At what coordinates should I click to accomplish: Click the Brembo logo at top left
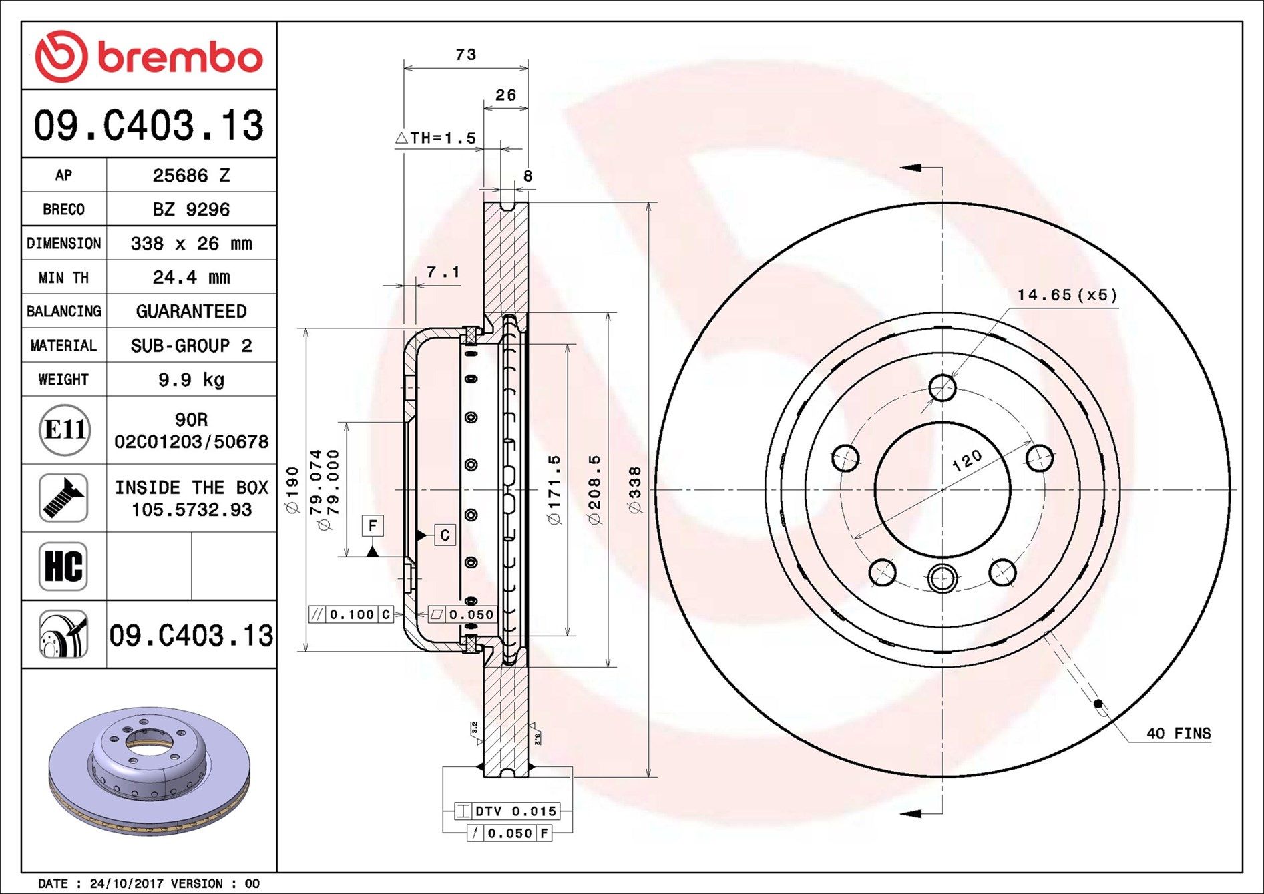[148, 57]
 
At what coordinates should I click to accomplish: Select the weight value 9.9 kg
[191, 380]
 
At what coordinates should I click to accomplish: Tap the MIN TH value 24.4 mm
[191, 277]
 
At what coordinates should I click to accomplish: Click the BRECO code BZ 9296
[191, 210]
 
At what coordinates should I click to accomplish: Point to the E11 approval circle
[64, 430]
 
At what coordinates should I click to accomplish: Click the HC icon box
[63, 566]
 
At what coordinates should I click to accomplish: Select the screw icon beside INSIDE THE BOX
[63, 498]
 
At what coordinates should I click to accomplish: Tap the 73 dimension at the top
[466, 55]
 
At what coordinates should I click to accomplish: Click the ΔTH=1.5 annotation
[435, 138]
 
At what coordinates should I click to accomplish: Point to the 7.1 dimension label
[443, 272]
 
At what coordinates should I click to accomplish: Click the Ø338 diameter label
[635, 490]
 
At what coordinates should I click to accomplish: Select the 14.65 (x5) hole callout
[1066, 295]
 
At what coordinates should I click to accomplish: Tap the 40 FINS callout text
[1178, 734]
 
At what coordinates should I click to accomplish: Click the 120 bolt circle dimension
[967, 460]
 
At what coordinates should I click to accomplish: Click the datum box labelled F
[373, 525]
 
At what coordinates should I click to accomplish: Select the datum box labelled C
[445, 535]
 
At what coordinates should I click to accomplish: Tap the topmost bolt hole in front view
[942, 387]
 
